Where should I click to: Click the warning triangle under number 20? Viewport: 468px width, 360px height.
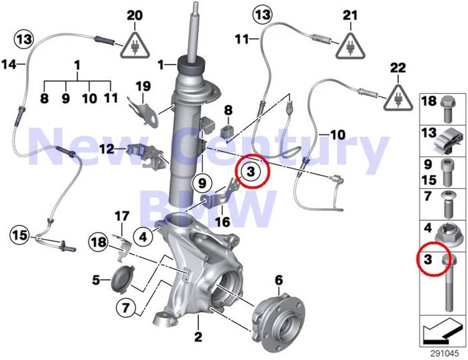pos(135,45)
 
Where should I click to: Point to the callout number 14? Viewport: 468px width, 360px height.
pos(9,64)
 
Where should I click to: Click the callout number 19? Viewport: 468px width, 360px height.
pos(144,86)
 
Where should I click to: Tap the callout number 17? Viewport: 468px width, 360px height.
pos(122,216)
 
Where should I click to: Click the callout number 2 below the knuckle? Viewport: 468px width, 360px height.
pos(198,335)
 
